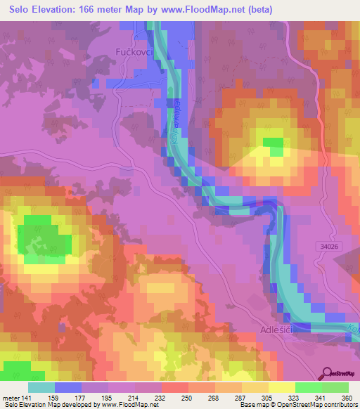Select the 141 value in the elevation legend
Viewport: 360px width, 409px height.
pyautogui.click(x=27, y=397)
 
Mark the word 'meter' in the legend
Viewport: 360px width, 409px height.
pyautogui.click(x=11, y=397)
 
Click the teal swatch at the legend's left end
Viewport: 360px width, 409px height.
pyautogui.click(x=41, y=387)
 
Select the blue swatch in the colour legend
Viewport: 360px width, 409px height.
pyautogui.click(x=68, y=387)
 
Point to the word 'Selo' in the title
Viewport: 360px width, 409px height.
pyautogui.click(x=18, y=10)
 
